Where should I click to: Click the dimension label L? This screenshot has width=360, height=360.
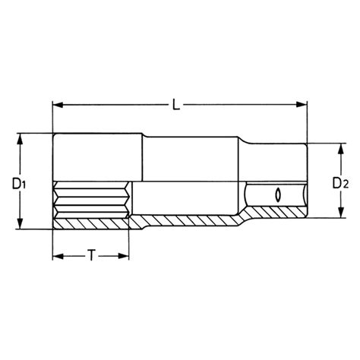coord(176,105)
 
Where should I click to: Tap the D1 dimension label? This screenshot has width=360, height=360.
coord(19,184)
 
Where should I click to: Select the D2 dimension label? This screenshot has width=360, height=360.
coord(340,183)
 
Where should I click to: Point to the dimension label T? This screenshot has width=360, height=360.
coord(91,255)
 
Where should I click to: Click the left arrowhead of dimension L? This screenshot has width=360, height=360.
coord(58,105)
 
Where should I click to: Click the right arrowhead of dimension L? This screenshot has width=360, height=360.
coord(302,104)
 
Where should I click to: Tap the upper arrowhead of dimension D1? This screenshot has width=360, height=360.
coord(20,140)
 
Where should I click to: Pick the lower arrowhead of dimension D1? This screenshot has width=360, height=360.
coord(20,223)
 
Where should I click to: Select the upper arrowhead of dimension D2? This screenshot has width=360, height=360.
coord(341,149)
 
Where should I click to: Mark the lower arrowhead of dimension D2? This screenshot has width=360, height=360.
coord(341,212)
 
